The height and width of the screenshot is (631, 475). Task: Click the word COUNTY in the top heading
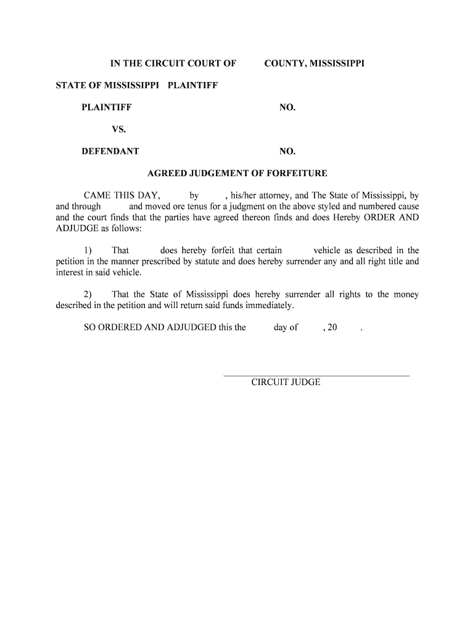click(x=283, y=63)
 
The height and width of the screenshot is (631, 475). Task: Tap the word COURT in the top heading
click(x=188, y=63)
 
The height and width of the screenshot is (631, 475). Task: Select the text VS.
click(x=118, y=129)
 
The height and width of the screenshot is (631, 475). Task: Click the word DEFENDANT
click(x=110, y=152)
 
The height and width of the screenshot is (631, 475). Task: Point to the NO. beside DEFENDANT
click(x=287, y=152)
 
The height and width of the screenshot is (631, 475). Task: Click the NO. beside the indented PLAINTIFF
click(x=287, y=108)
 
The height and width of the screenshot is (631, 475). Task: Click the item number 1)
click(x=88, y=251)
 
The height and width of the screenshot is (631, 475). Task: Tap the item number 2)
click(x=88, y=295)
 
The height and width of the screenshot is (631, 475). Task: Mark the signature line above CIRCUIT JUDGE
click(x=316, y=375)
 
